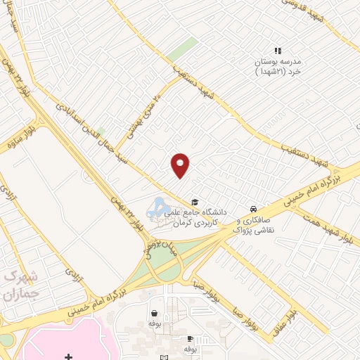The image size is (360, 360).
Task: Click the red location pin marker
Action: (x=181, y=165)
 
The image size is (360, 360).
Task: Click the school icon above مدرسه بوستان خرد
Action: (x=278, y=51)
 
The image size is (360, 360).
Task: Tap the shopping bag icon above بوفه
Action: (x=153, y=314)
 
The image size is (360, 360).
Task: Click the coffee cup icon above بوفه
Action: (x=189, y=338)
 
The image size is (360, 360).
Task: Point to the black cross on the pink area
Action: (x=67, y=357)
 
